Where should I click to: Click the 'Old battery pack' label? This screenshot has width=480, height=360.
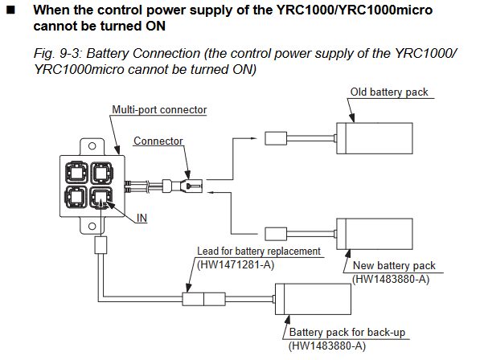coord(389,92)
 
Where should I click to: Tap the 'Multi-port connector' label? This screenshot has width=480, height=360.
coord(159,110)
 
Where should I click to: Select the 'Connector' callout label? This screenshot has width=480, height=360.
coord(158,141)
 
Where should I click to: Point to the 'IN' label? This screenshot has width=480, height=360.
coord(142,218)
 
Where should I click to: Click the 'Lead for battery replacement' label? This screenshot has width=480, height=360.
coord(259,251)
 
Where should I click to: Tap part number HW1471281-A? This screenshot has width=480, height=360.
coord(236,264)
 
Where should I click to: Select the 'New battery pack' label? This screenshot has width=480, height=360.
coord(394,265)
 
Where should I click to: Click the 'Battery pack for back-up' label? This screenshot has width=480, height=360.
coord(347,332)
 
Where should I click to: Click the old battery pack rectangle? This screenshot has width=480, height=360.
coord(375,138)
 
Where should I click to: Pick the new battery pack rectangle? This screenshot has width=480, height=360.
coord(375,234)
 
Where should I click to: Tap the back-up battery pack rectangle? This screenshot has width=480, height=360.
coord(313,299)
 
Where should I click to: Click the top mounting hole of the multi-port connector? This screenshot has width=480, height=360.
coord(92,146)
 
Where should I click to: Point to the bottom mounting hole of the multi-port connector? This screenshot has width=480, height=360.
coord(92,227)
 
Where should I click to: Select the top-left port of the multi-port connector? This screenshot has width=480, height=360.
coord(76,173)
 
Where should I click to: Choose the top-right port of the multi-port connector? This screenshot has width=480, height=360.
coord(101,173)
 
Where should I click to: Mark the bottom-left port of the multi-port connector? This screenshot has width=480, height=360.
coord(76,198)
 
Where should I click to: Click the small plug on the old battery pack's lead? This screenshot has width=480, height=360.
coord(276,138)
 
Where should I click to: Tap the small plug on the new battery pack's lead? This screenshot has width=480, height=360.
coord(276,234)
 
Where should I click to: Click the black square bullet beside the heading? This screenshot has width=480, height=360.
coord(10,10)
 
